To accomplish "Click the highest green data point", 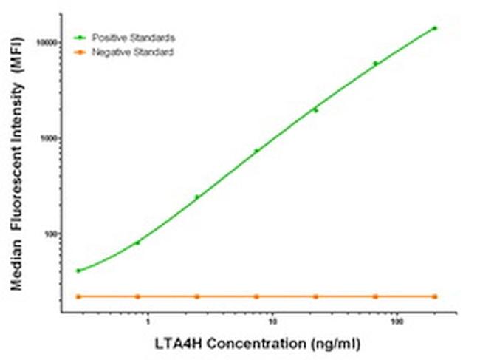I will (434, 28).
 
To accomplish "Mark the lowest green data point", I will (78, 271).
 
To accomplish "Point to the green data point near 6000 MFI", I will (375, 64).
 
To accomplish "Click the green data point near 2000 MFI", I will (315, 110).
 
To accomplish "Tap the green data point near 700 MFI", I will (256, 151).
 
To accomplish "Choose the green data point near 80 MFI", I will (137, 242).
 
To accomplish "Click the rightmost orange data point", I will (434, 296).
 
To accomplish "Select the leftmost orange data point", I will (78, 296).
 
